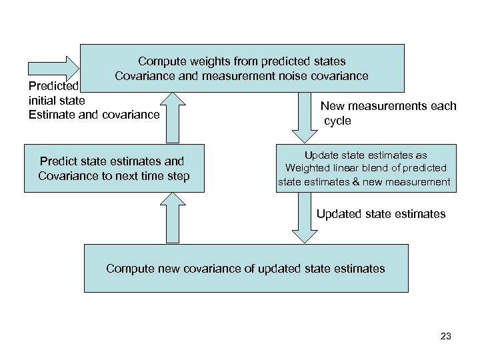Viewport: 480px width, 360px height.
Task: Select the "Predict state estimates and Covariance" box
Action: coord(114,169)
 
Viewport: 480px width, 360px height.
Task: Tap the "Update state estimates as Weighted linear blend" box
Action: coord(367,169)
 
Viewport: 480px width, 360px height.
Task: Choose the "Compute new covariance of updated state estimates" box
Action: coord(245,268)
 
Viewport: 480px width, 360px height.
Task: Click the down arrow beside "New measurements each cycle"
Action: coord(304,117)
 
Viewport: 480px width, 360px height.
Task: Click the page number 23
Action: coord(446,336)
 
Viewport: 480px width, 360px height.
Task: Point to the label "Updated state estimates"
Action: coord(381,214)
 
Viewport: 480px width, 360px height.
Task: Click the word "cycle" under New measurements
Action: coord(337,121)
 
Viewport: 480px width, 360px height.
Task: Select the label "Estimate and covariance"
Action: coord(94,115)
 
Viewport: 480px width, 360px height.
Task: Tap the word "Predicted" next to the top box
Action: coord(53,86)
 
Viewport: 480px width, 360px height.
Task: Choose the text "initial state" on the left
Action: coord(57,100)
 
